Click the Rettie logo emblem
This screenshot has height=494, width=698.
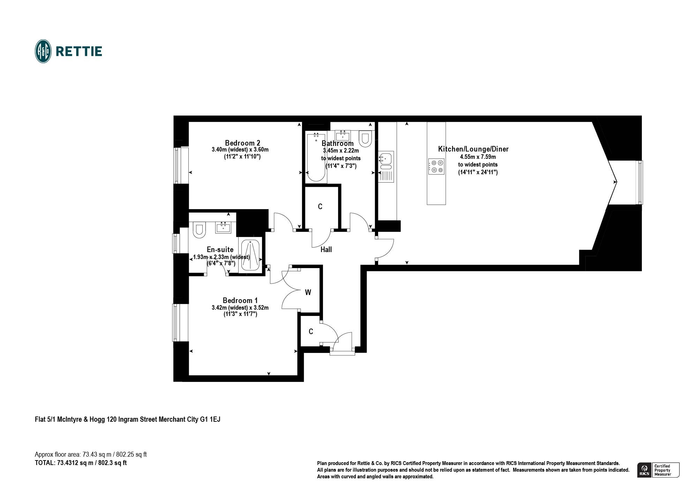pos(43,51)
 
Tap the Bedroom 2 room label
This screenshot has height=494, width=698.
pos(242,143)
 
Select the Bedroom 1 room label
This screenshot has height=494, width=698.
pos(240,300)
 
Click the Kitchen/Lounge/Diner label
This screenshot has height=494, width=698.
pos(473,149)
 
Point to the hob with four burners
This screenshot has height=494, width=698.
pos(436,167)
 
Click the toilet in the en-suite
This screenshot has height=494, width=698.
pos(199,230)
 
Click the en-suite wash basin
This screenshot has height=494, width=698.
pos(223,228)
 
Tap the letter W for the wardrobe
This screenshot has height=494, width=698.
pos(308,293)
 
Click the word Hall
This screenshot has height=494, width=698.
pos(326,250)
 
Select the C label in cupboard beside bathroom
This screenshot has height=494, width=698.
pos(320,207)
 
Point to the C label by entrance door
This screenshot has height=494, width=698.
pos(311,332)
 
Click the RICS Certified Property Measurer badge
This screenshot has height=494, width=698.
pos(658,470)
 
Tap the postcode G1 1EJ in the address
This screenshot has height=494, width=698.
pos(210,419)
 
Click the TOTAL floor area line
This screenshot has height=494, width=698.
pos(81,463)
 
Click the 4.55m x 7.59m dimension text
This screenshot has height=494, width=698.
pos(478,157)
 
